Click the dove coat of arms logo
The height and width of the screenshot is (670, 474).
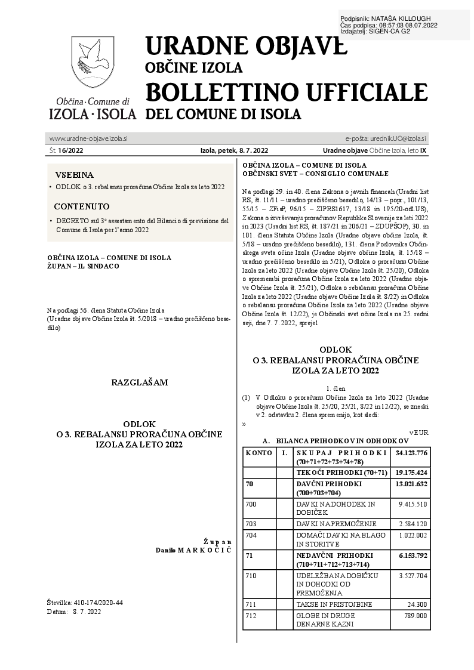point(93,61)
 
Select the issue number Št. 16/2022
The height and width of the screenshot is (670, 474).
point(67,151)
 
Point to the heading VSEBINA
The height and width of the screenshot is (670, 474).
point(75,175)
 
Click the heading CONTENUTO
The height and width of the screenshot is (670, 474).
point(82,206)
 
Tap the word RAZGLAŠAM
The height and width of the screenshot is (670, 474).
point(140,381)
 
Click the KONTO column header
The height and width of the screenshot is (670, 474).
point(258,453)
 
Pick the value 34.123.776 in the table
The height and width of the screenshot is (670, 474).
point(411,453)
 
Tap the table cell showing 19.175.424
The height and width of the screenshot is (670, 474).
point(411,472)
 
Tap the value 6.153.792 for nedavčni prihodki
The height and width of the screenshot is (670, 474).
point(411,554)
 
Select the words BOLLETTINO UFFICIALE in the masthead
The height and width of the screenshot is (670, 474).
point(286,92)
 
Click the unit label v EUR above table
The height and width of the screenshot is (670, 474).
point(419,432)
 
